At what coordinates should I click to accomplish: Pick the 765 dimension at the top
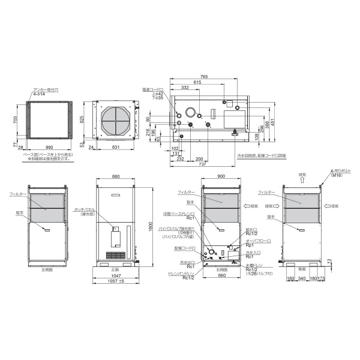pyautogui.click(x=204, y=76)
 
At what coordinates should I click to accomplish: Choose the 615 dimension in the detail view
pyautogui.click(x=197, y=82)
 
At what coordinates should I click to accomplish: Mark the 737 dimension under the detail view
pyautogui.click(x=203, y=164)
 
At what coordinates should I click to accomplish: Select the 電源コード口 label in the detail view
pyautogui.click(x=154, y=89)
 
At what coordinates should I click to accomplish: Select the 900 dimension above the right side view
pyautogui.click(x=221, y=176)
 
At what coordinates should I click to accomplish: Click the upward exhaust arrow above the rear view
pyautogui.click(x=303, y=181)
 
